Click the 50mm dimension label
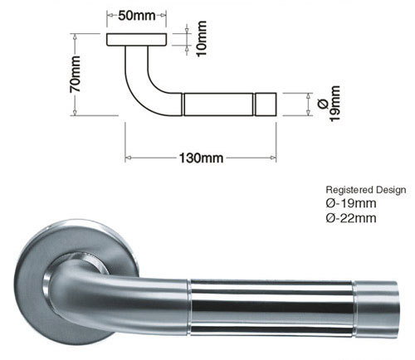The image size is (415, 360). coord(136,17)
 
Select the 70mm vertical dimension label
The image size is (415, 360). coord(76,75)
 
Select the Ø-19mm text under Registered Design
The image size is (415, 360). coord(352,204)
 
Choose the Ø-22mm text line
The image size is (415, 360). coord(352,219)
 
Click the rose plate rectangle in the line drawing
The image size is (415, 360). coord(137,41)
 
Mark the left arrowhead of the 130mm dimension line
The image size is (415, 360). coord(128,157)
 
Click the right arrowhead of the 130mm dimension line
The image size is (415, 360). coord(276,157)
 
